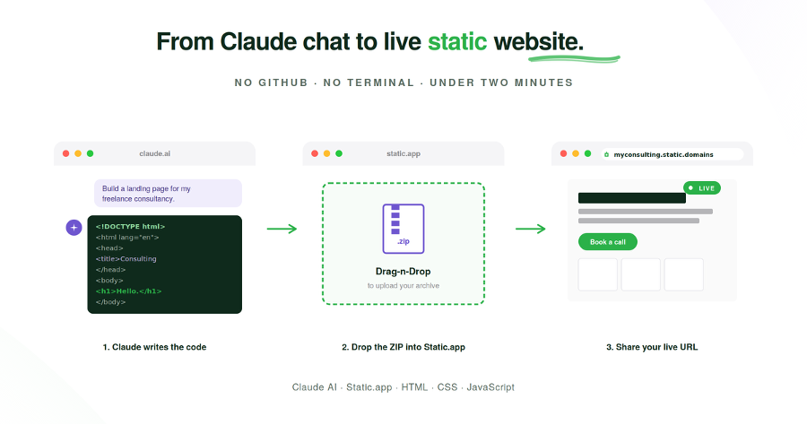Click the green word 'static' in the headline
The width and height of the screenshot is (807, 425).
click(x=457, y=41)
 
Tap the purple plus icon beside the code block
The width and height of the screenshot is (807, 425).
click(x=74, y=228)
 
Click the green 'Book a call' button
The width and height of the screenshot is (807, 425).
click(x=608, y=242)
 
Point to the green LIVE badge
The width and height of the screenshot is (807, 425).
click(x=702, y=188)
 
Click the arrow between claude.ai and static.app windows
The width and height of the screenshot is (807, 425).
click(x=282, y=229)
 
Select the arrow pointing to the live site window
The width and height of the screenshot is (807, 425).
click(x=530, y=229)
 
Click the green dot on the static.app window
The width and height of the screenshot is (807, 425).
click(x=339, y=154)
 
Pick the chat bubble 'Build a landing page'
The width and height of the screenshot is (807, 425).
click(x=168, y=194)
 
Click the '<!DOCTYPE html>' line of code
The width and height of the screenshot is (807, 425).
click(x=131, y=226)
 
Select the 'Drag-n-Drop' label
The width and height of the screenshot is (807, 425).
click(x=403, y=271)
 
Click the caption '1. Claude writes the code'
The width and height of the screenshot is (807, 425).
click(x=154, y=347)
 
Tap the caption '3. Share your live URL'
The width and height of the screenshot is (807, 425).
click(x=652, y=347)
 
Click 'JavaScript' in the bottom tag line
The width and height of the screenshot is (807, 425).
click(x=490, y=387)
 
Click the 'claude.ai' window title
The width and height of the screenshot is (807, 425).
click(x=154, y=154)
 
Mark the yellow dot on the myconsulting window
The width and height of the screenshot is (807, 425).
click(x=575, y=154)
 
